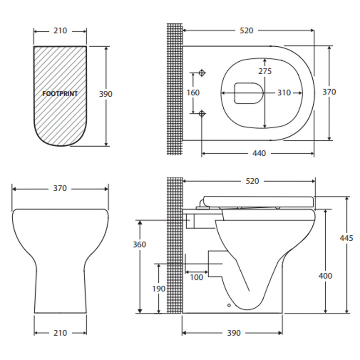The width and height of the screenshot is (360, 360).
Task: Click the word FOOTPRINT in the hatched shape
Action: [x=60, y=94]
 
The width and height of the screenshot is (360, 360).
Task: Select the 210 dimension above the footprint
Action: [x=60, y=31]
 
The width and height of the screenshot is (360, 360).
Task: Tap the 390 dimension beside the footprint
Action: [x=105, y=94]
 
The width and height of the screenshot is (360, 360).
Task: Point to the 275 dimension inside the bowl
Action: [x=265, y=71]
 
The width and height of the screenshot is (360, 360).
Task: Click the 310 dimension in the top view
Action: [x=283, y=93]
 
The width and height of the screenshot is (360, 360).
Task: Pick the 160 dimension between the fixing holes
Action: [x=193, y=92]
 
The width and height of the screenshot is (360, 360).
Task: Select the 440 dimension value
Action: [x=259, y=153]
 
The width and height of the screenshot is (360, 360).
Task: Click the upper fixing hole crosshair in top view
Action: [x=202, y=72]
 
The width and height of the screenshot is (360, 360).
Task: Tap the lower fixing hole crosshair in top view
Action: [x=202, y=113]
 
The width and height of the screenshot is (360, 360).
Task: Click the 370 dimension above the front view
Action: [x=60, y=189]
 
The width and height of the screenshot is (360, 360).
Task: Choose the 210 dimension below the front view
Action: [x=60, y=333]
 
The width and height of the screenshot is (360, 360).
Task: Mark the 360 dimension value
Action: [x=139, y=244]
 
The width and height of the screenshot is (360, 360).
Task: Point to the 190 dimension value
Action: [x=158, y=288]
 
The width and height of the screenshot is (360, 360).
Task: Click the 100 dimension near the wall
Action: [x=196, y=277]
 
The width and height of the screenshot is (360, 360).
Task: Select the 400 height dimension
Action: [x=325, y=275]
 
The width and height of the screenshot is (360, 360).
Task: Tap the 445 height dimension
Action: [x=346, y=238]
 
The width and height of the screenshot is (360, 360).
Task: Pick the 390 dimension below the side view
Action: [x=234, y=333]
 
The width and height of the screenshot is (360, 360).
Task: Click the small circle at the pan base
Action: [x=229, y=306]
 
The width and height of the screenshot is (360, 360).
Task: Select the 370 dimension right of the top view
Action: [x=329, y=92]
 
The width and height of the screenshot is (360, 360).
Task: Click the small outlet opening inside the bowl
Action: [x=248, y=92]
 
